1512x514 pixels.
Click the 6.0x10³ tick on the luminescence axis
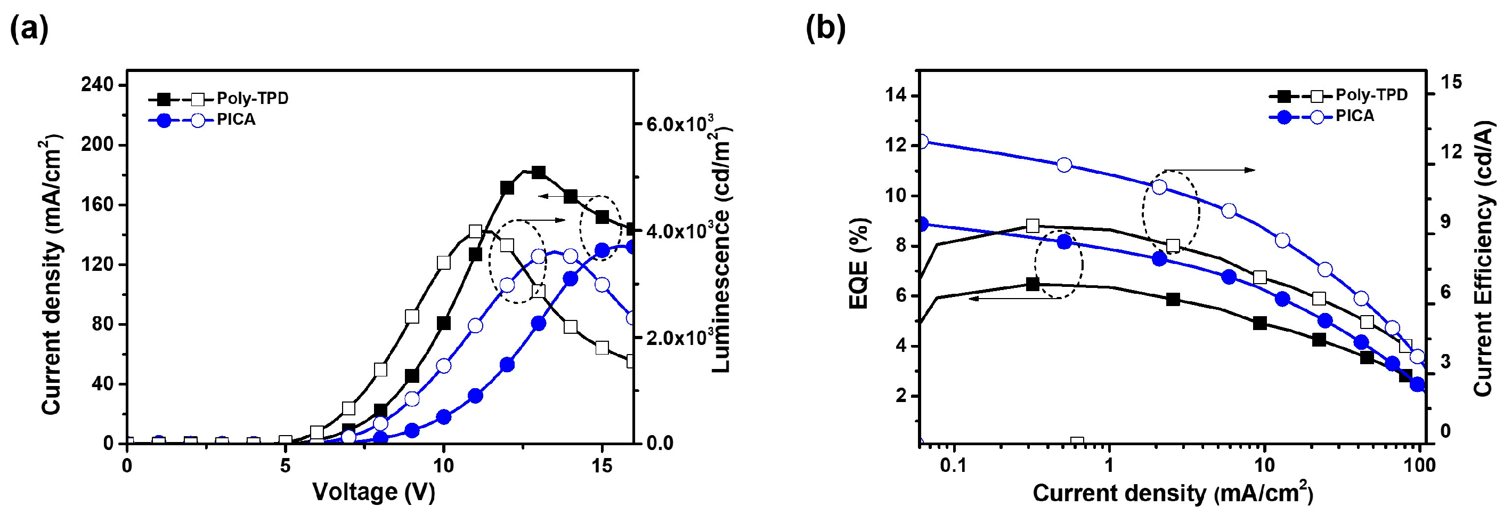pos(681,125)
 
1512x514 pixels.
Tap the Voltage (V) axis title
pos(373,492)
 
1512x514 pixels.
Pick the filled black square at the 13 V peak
pos(538,172)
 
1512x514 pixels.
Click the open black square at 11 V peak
pos(475,231)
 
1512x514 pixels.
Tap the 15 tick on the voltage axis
pos(601,466)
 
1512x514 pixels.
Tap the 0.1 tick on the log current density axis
pos(953,466)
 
